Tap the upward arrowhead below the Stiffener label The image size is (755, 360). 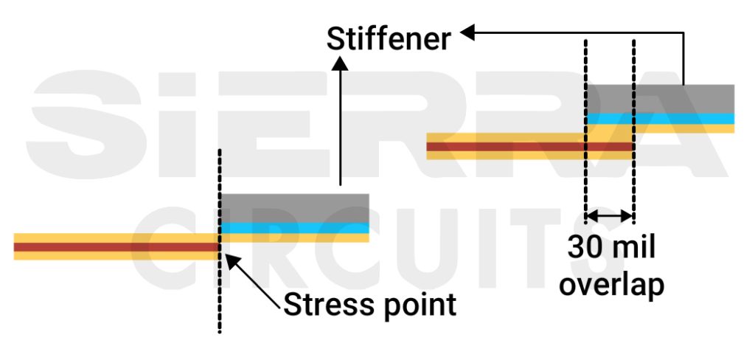[x=340, y=65]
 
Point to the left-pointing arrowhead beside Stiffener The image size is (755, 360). [x=467, y=32]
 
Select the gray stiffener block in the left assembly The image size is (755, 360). [x=295, y=208]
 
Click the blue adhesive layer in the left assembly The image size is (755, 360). [x=295, y=228]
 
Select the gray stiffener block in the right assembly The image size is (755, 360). [x=660, y=99]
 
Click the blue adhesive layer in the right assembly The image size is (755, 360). [x=660, y=118]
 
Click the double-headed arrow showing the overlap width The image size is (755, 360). [x=609, y=216]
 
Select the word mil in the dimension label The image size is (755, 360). [x=631, y=249]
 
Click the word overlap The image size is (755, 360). [x=611, y=284]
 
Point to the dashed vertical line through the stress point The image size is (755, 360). [x=220, y=302]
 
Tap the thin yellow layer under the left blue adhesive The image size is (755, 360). [x=295, y=238]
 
